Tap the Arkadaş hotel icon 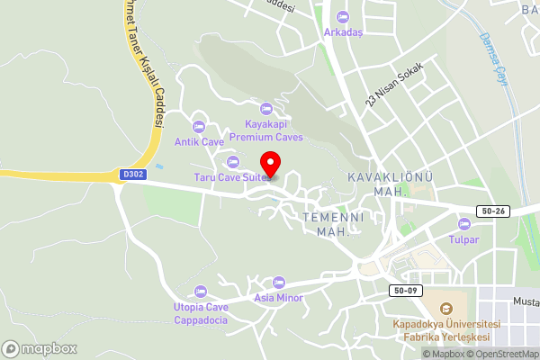click(342, 17)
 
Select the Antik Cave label click(199, 142)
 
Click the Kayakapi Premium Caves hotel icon click(265, 109)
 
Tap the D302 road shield click(130, 175)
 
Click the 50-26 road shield click(494, 210)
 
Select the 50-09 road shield click(404, 291)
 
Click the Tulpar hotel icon click(464, 224)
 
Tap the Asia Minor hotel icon click(278, 283)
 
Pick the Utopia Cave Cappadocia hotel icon click(200, 292)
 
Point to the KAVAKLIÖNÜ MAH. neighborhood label click(391, 184)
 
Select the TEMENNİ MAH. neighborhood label click(332, 225)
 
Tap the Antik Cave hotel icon click(199, 126)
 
